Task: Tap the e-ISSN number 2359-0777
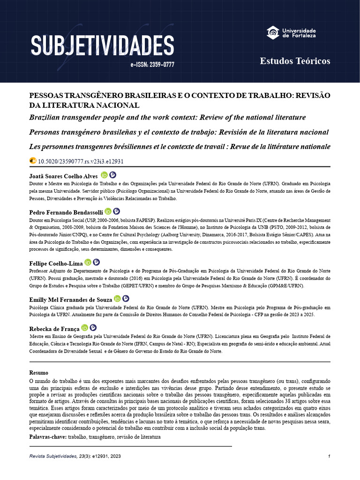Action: (152, 65)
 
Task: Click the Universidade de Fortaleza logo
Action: (291, 33)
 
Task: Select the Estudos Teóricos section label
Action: (295, 61)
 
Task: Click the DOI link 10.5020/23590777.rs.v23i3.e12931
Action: (81, 161)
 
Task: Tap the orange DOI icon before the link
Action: (33, 161)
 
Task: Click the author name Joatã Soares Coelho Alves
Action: (64, 176)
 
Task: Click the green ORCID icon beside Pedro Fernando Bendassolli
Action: (108, 212)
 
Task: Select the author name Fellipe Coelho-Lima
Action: (56, 263)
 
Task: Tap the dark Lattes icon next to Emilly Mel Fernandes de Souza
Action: (126, 299)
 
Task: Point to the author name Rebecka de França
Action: (54, 329)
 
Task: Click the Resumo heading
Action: (38, 373)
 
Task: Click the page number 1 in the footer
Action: (330, 457)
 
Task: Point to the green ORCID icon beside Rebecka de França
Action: (85, 328)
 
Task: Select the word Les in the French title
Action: (36, 147)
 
